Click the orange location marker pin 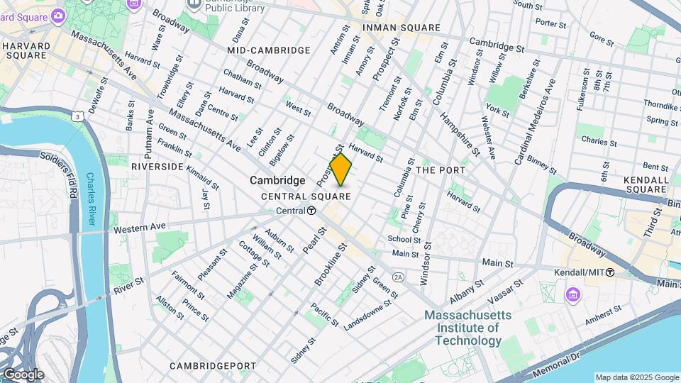pos(341,170)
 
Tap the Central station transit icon pos(311,211)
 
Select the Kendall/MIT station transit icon pos(610,272)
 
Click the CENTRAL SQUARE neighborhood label pos(306,196)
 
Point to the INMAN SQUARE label pos(402,28)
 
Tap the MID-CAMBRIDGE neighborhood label pos(269,50)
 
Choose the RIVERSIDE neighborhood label pos(157,166)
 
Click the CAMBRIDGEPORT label pos(213,366)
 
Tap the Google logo pos(23,374)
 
